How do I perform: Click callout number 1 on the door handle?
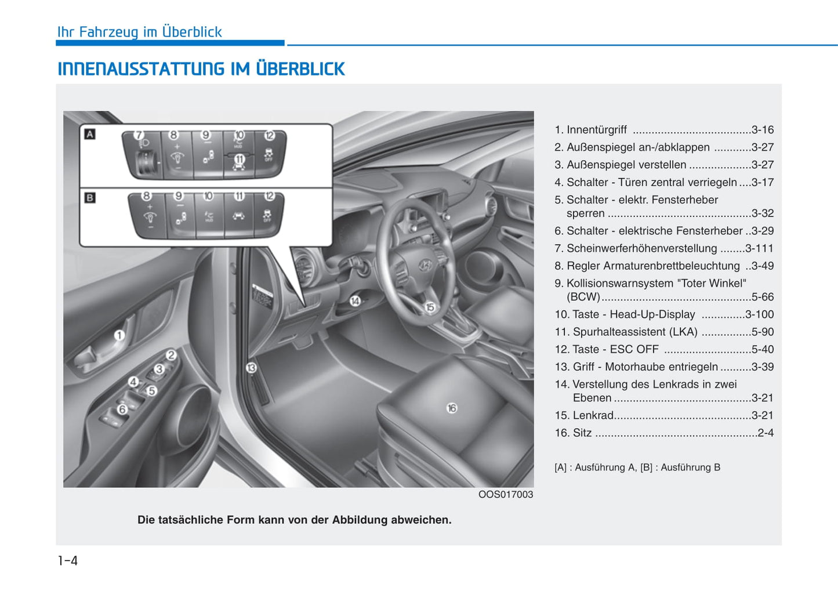119,335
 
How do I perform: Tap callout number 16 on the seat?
452,408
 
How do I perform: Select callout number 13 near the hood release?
251,368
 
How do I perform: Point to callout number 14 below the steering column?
355,300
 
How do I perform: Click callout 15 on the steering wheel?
430,307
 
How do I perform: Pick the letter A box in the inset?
90,135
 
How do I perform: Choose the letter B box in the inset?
90,198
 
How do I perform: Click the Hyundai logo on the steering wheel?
425,265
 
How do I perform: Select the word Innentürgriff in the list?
596,130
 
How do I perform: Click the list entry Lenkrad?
593,415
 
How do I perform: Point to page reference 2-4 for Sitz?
766,433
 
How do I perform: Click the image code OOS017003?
505,495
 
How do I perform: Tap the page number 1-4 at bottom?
68,560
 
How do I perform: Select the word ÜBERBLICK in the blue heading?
300,69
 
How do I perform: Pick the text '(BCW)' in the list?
583,297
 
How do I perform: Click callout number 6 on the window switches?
122,409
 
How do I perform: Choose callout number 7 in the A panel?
139,135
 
